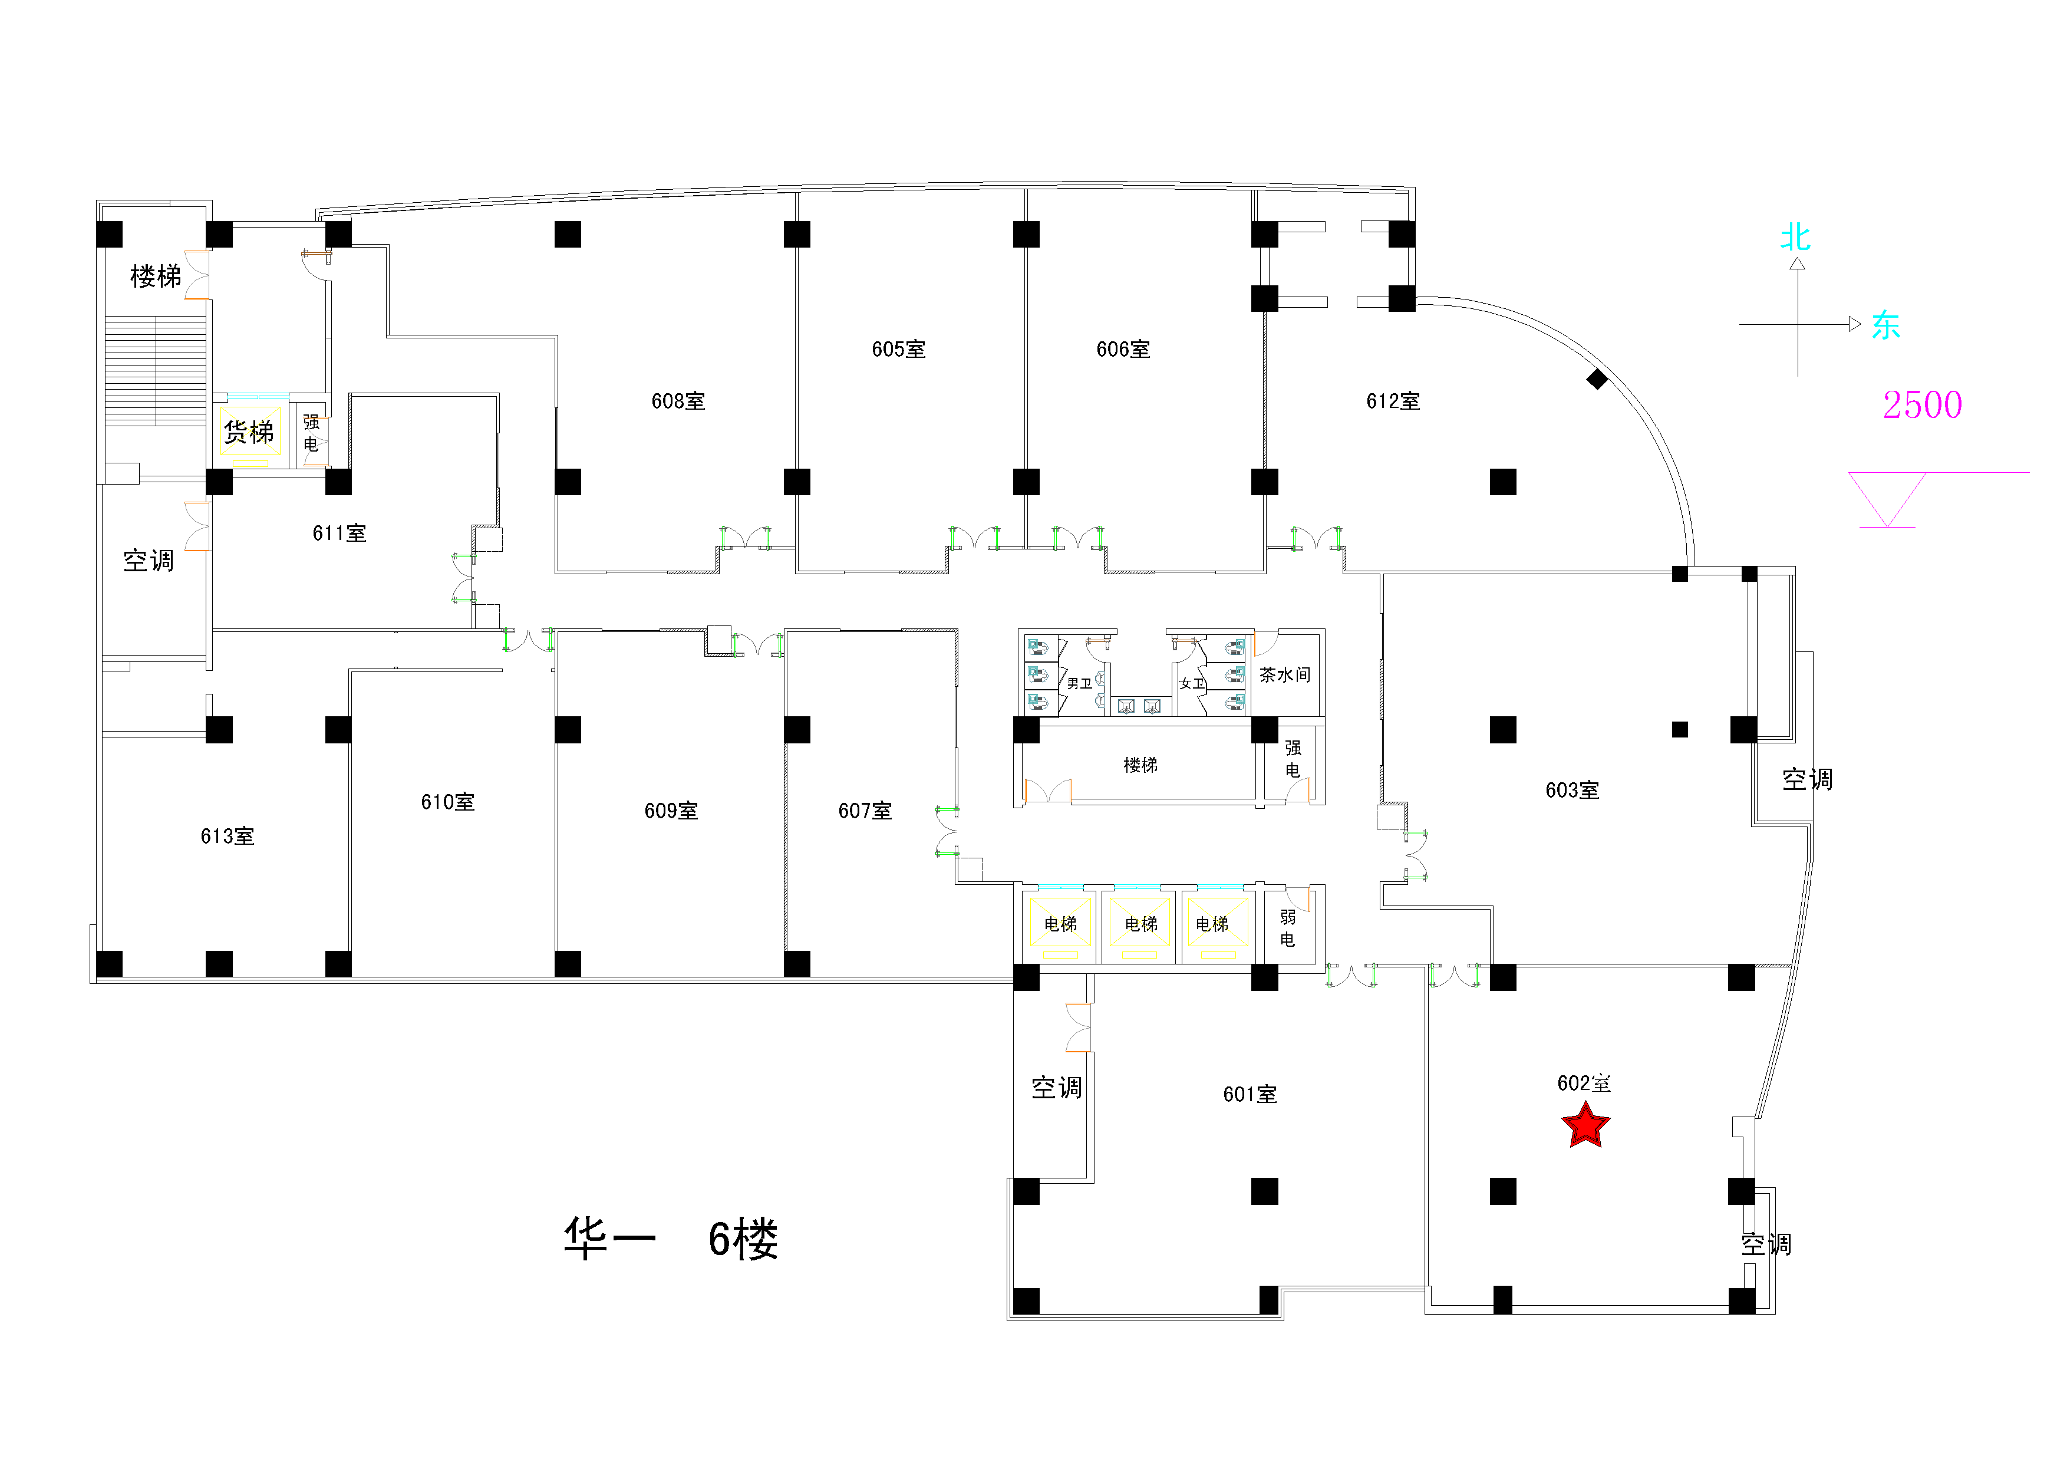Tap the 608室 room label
pos(678,401)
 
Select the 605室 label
pos(898,350)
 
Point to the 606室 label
pos(1123,350)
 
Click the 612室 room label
pos(1393,401)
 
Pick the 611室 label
pos(339,533)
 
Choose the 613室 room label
pos(227,837)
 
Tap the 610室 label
pos(447,802)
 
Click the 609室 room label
pos(671,811)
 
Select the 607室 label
pos(864,811)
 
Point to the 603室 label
pos(1572,791)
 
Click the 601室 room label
pos(1250,1095)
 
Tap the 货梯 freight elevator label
pos(249,433)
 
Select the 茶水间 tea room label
pos(1285,675)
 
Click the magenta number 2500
pos(1922,405)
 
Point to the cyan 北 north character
pos(1795,238)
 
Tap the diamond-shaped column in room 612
pos(1597,379)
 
